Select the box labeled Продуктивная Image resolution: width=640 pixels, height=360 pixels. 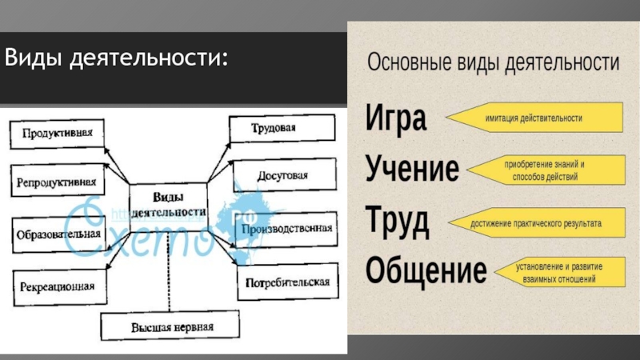[58, 133]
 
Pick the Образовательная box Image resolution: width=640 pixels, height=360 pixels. [58, 234]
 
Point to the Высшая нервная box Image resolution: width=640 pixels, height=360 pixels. [173, 326]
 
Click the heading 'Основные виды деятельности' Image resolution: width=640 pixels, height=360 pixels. [493, 63]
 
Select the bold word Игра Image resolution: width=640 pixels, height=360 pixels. [397, 119]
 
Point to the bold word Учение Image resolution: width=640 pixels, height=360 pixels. [413, 169]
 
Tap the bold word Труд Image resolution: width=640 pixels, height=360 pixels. [398, 220]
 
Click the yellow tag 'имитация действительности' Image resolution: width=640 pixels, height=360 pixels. [534, 118]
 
